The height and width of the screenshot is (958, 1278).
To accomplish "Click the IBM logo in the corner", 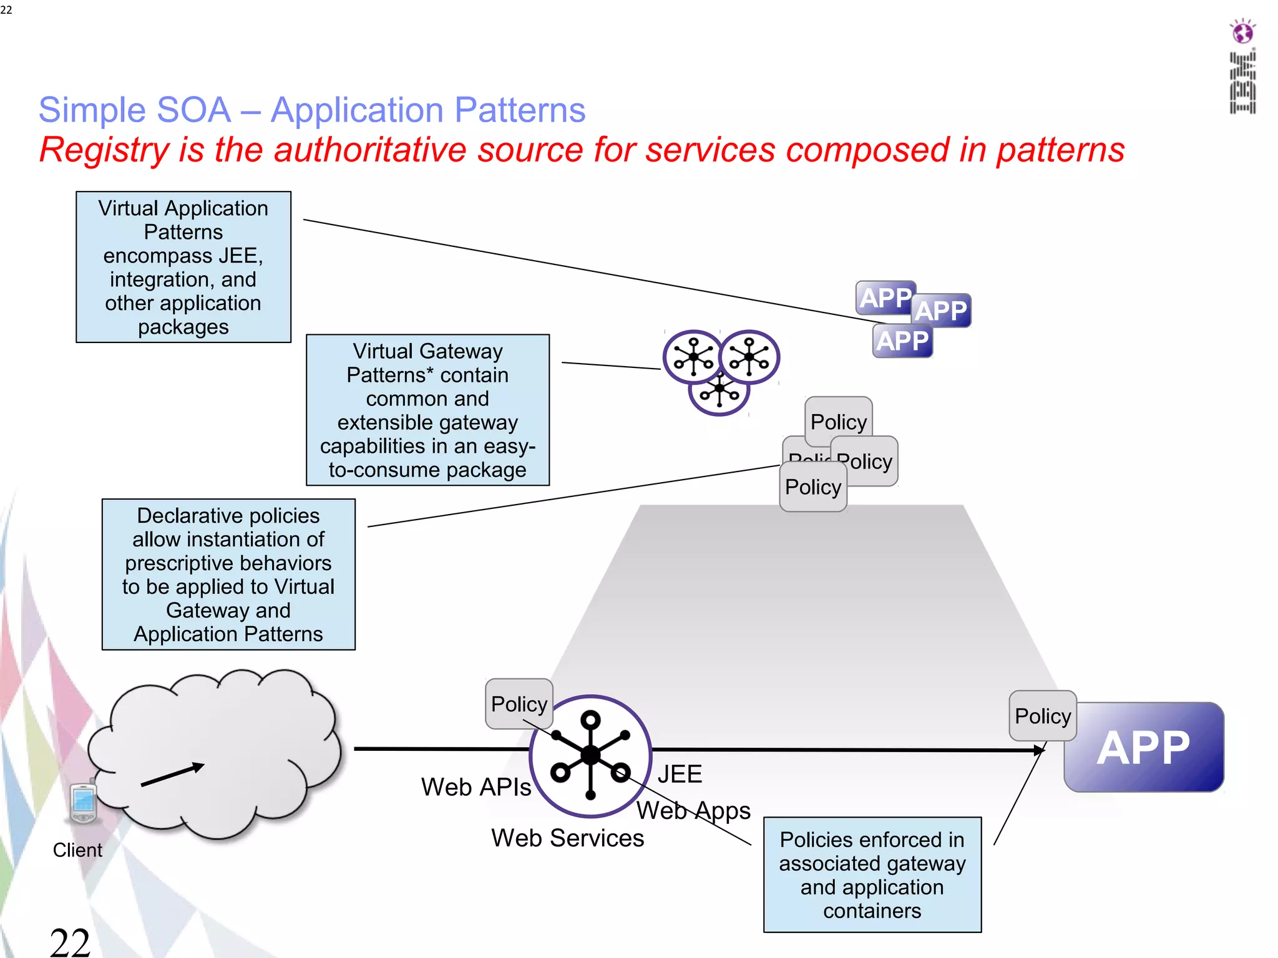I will tap(1242, 67).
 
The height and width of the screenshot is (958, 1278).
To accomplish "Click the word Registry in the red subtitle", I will tap(104, 150).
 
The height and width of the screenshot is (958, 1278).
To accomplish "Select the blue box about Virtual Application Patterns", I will tap(183, 267).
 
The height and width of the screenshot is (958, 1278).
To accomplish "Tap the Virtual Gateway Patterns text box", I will tap(427, 410).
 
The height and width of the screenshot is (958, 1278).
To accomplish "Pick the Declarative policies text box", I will tap(228, 574).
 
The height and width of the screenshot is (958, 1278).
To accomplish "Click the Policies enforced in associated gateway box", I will tap(872, 874).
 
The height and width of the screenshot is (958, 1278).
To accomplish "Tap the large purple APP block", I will tap(1144, 748).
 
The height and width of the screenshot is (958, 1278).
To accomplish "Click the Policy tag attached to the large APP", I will tap(1042, 716).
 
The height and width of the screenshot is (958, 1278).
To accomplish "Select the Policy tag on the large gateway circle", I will tap(519, 704).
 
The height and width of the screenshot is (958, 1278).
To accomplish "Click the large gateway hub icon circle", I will tap(590, 756).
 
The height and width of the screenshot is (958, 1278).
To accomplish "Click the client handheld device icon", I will tap(83, 803).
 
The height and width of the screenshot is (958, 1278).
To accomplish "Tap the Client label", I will tap(77, 850).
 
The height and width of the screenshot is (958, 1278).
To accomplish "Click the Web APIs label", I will tap(476, 787).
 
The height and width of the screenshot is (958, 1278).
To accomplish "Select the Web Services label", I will tap(567, 838).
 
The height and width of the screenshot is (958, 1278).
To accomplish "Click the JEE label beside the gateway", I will tap(680, 775).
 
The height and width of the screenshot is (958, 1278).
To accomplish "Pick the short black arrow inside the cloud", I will tap(173, 775).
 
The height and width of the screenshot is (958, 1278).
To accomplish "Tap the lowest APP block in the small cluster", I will tap(902, 342).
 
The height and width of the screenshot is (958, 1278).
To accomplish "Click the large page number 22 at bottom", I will tap(70, 942).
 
